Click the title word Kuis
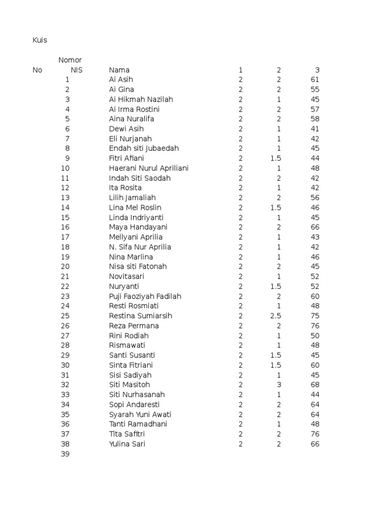[x=40, y=40]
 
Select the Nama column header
[x=119, y=70]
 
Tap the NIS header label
[x=77, y=70]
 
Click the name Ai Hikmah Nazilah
[x=141, y=100]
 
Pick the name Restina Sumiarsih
[x=141, y=316]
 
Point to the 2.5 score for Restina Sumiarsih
[x=276, y=316]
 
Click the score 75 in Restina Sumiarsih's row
[x=315, y=316]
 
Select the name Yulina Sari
[x=127, y=444]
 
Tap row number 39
[x=65, y=454]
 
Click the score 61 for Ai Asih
[x=315, y=80]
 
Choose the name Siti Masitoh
[x=129, y=385]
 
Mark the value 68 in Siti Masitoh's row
[x=315, y=385]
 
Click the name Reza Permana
[x=134, y=326]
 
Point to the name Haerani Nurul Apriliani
[x=149, y=168]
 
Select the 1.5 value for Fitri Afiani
[x=276, y=158]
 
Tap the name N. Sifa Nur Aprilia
[x=140, y=247]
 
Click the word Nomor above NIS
[x=70, y=60]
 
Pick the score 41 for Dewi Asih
[x=315, y=129]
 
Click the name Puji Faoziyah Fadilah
[x=145, y=296]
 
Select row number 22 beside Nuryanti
[x=65, y=286]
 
